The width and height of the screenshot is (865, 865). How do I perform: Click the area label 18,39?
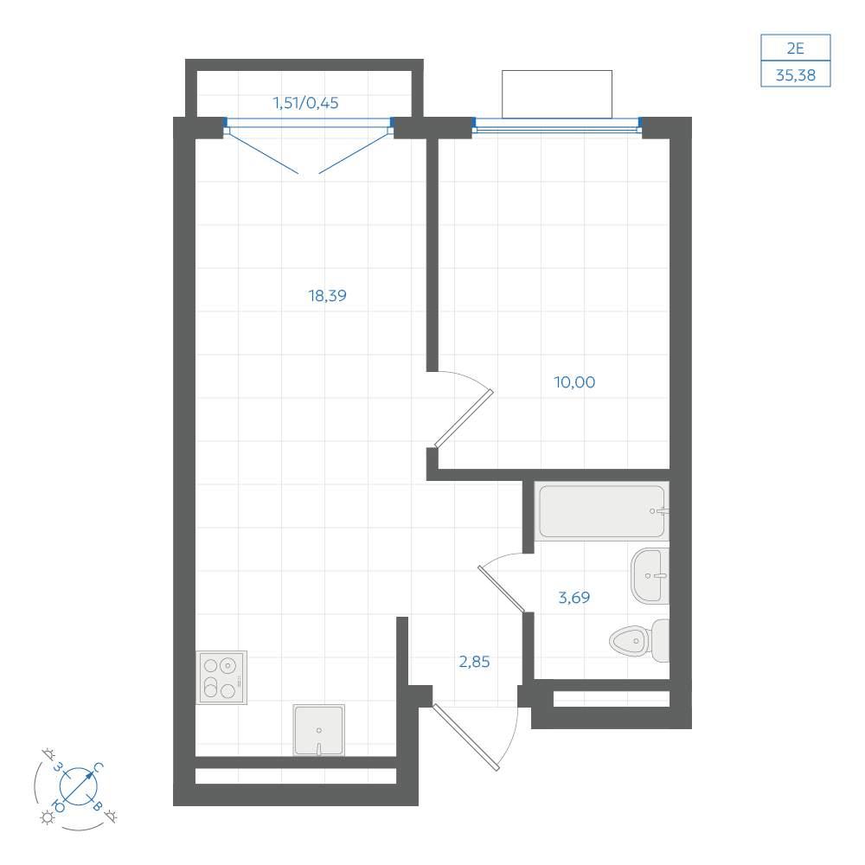click(328, 296)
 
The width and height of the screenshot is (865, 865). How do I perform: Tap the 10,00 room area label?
click(574, 382)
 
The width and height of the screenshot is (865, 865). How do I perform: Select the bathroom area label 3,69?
click(574, 598)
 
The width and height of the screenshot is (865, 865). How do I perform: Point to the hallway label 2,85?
click(474, 662)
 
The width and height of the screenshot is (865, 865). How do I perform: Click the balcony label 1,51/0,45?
click(305, 103)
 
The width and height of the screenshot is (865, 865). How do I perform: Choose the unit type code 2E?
click(796, 48)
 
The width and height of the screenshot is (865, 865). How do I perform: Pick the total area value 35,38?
click(796, 75)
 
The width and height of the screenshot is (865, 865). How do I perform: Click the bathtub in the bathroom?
click(602, 511)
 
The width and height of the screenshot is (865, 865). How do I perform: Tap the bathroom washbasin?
click(650, 575)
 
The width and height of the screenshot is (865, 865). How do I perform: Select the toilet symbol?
click(639, 640)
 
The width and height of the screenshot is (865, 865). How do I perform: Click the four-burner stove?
click(221, 677)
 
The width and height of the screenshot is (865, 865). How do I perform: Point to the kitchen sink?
click(319, 730)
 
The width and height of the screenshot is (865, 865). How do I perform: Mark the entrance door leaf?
click(466, 737)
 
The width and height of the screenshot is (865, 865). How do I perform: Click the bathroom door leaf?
click(501, 588)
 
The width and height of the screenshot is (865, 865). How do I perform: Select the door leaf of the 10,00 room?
click(464, 419)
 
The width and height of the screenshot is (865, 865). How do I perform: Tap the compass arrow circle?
click(79, 785)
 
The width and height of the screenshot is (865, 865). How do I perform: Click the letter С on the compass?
click(98, 767)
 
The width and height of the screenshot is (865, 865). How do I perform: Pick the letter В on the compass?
click(97, 806)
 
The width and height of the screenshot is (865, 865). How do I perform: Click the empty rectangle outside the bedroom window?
click(556, 93)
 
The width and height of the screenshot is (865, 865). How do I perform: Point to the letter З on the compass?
click(57, 767)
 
